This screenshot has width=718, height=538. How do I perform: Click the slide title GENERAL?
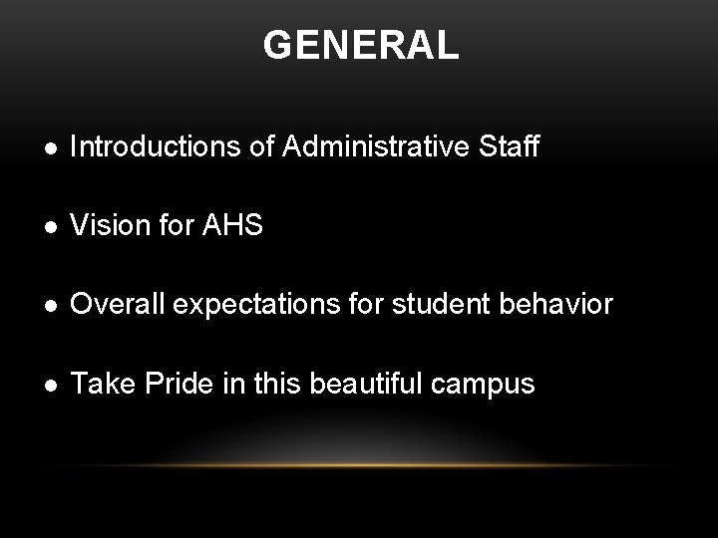(x=361, y=46)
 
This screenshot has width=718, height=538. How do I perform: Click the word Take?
(x=98, y=382)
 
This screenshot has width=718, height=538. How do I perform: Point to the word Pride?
(x=166, y=382)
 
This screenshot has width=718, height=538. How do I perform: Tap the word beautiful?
(x=360, y=382)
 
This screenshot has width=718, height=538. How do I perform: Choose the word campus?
(x=490, y=384)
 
